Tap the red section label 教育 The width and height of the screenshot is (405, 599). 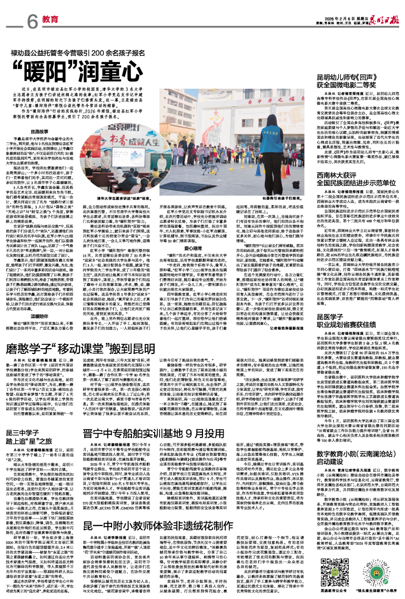(50, 19)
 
